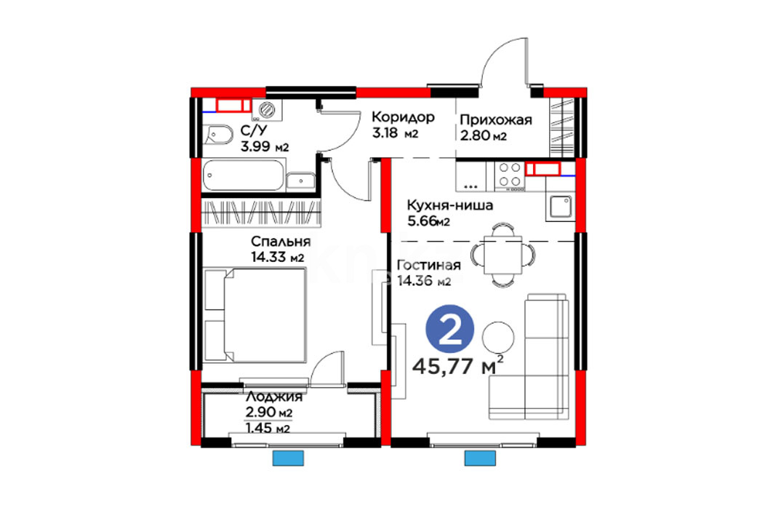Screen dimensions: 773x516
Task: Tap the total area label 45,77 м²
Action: (x=457, y=365)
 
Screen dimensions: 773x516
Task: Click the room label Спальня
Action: (x=281, y=242)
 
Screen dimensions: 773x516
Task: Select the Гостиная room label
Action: (x=429, y=266)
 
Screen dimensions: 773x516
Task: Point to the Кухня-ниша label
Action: (x=449, y=205)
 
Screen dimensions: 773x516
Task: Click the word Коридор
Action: (x=403, y=117)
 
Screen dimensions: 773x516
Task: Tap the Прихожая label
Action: (x=496, y=120)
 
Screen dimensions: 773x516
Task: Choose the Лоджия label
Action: (x=273, y=397)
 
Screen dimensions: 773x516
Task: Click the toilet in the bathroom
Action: (x=217, y=135)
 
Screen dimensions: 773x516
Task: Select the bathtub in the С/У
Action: (x=244, y=175)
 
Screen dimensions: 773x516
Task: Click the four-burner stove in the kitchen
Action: (x=510, y=176)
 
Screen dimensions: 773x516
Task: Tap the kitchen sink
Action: (x=561, y=207)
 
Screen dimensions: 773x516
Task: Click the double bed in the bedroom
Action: (x=255, y=314)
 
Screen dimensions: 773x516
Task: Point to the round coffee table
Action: (x=498, y=338)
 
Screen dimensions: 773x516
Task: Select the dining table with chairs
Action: (x=502, y=255)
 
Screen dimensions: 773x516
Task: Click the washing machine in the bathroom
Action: (x=267, y=109)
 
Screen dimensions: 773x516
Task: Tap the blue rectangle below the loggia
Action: (x=289, y=459)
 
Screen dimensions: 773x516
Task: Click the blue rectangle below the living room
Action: (x=480, y=459)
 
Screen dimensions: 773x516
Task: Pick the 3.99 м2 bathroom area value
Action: (x=265, y=146)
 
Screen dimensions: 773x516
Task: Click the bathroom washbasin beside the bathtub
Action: (x=300, y=181)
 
